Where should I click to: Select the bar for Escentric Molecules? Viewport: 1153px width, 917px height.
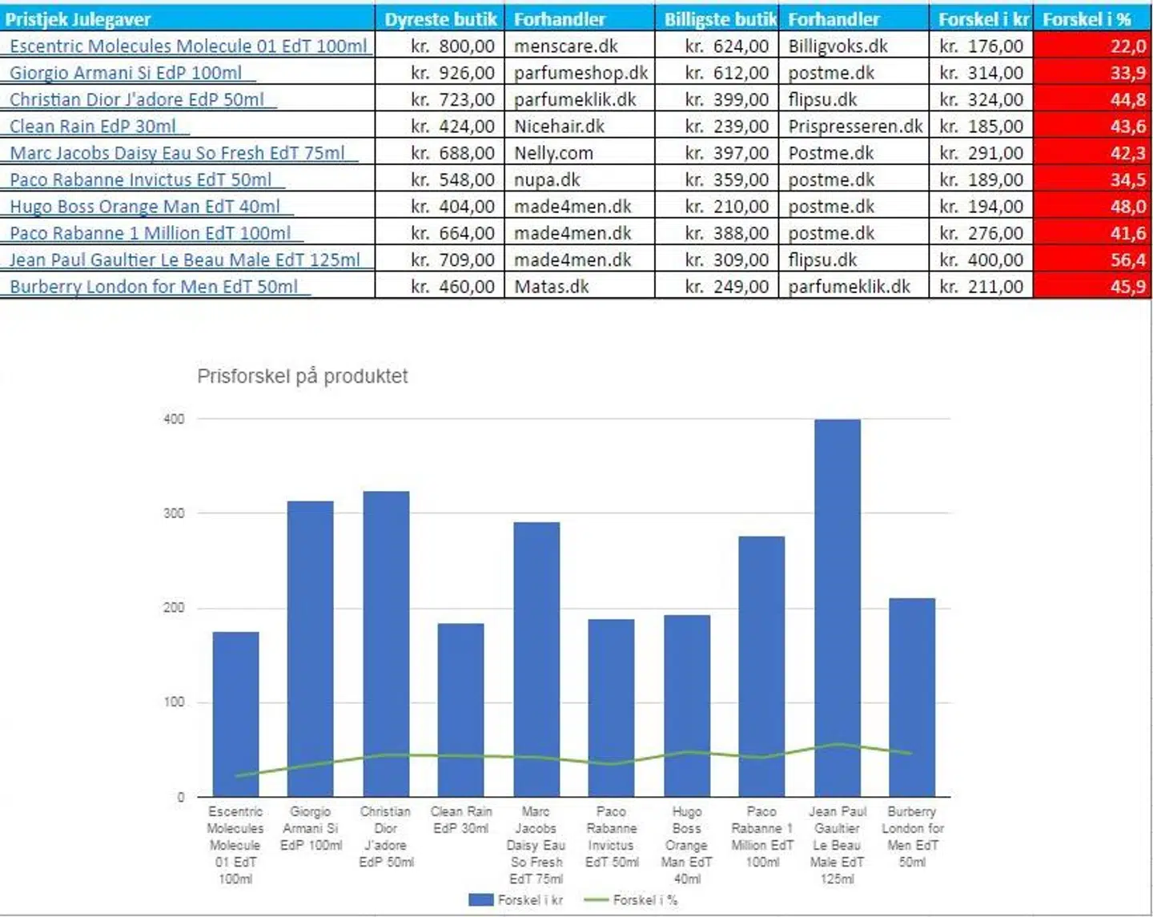[235, 713]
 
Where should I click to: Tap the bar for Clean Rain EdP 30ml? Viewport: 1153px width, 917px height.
[460, 709]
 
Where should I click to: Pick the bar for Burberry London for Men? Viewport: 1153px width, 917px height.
[912, 697]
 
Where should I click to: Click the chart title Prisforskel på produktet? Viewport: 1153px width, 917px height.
[302, 376]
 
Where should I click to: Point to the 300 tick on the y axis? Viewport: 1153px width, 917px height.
[174, 513]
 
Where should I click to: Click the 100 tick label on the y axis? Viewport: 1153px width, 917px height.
[174, 702]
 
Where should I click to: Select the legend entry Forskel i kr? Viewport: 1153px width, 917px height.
[517, 900]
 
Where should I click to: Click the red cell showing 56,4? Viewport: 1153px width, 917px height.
[1092, 260]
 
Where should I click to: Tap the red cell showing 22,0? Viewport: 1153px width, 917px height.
[1092, 46]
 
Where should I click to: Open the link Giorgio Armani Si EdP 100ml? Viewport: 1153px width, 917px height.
[126, 74]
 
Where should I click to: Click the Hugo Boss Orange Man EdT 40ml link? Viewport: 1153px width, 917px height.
[145, 207]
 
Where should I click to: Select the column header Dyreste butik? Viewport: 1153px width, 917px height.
[440, 19]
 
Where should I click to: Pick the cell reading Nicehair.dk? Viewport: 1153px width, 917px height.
[560, 127]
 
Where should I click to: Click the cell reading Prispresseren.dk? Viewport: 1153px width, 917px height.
[854, 127]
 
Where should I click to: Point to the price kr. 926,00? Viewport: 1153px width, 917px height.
[452, 74]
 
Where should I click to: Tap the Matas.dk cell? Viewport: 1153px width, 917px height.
[552, 287]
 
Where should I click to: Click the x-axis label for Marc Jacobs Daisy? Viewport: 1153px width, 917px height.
[536, 845]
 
